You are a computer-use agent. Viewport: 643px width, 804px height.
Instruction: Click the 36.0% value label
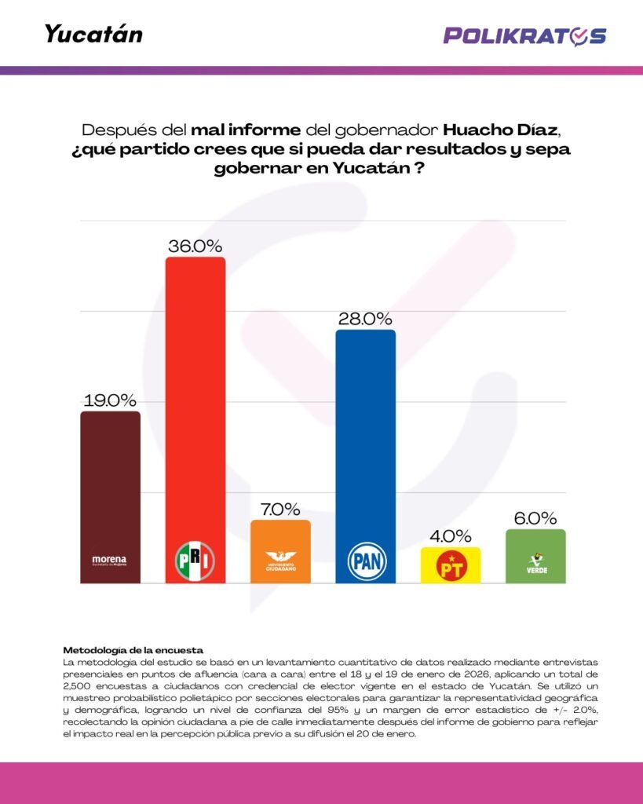195,246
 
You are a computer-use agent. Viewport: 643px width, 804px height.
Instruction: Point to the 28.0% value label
365,319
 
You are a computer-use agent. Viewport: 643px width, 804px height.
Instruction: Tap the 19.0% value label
110,400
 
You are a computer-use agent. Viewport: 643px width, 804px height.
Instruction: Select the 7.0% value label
280,509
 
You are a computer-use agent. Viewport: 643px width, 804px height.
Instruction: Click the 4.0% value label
451,536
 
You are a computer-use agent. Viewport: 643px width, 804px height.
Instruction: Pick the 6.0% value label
535,518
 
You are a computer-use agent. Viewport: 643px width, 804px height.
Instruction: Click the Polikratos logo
524,35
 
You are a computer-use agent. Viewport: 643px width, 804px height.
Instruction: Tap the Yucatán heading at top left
93,35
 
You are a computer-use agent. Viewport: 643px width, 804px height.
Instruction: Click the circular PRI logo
195,560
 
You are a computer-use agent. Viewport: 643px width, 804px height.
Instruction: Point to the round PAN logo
365,561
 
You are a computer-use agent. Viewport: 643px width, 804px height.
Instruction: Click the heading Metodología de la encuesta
133,650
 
